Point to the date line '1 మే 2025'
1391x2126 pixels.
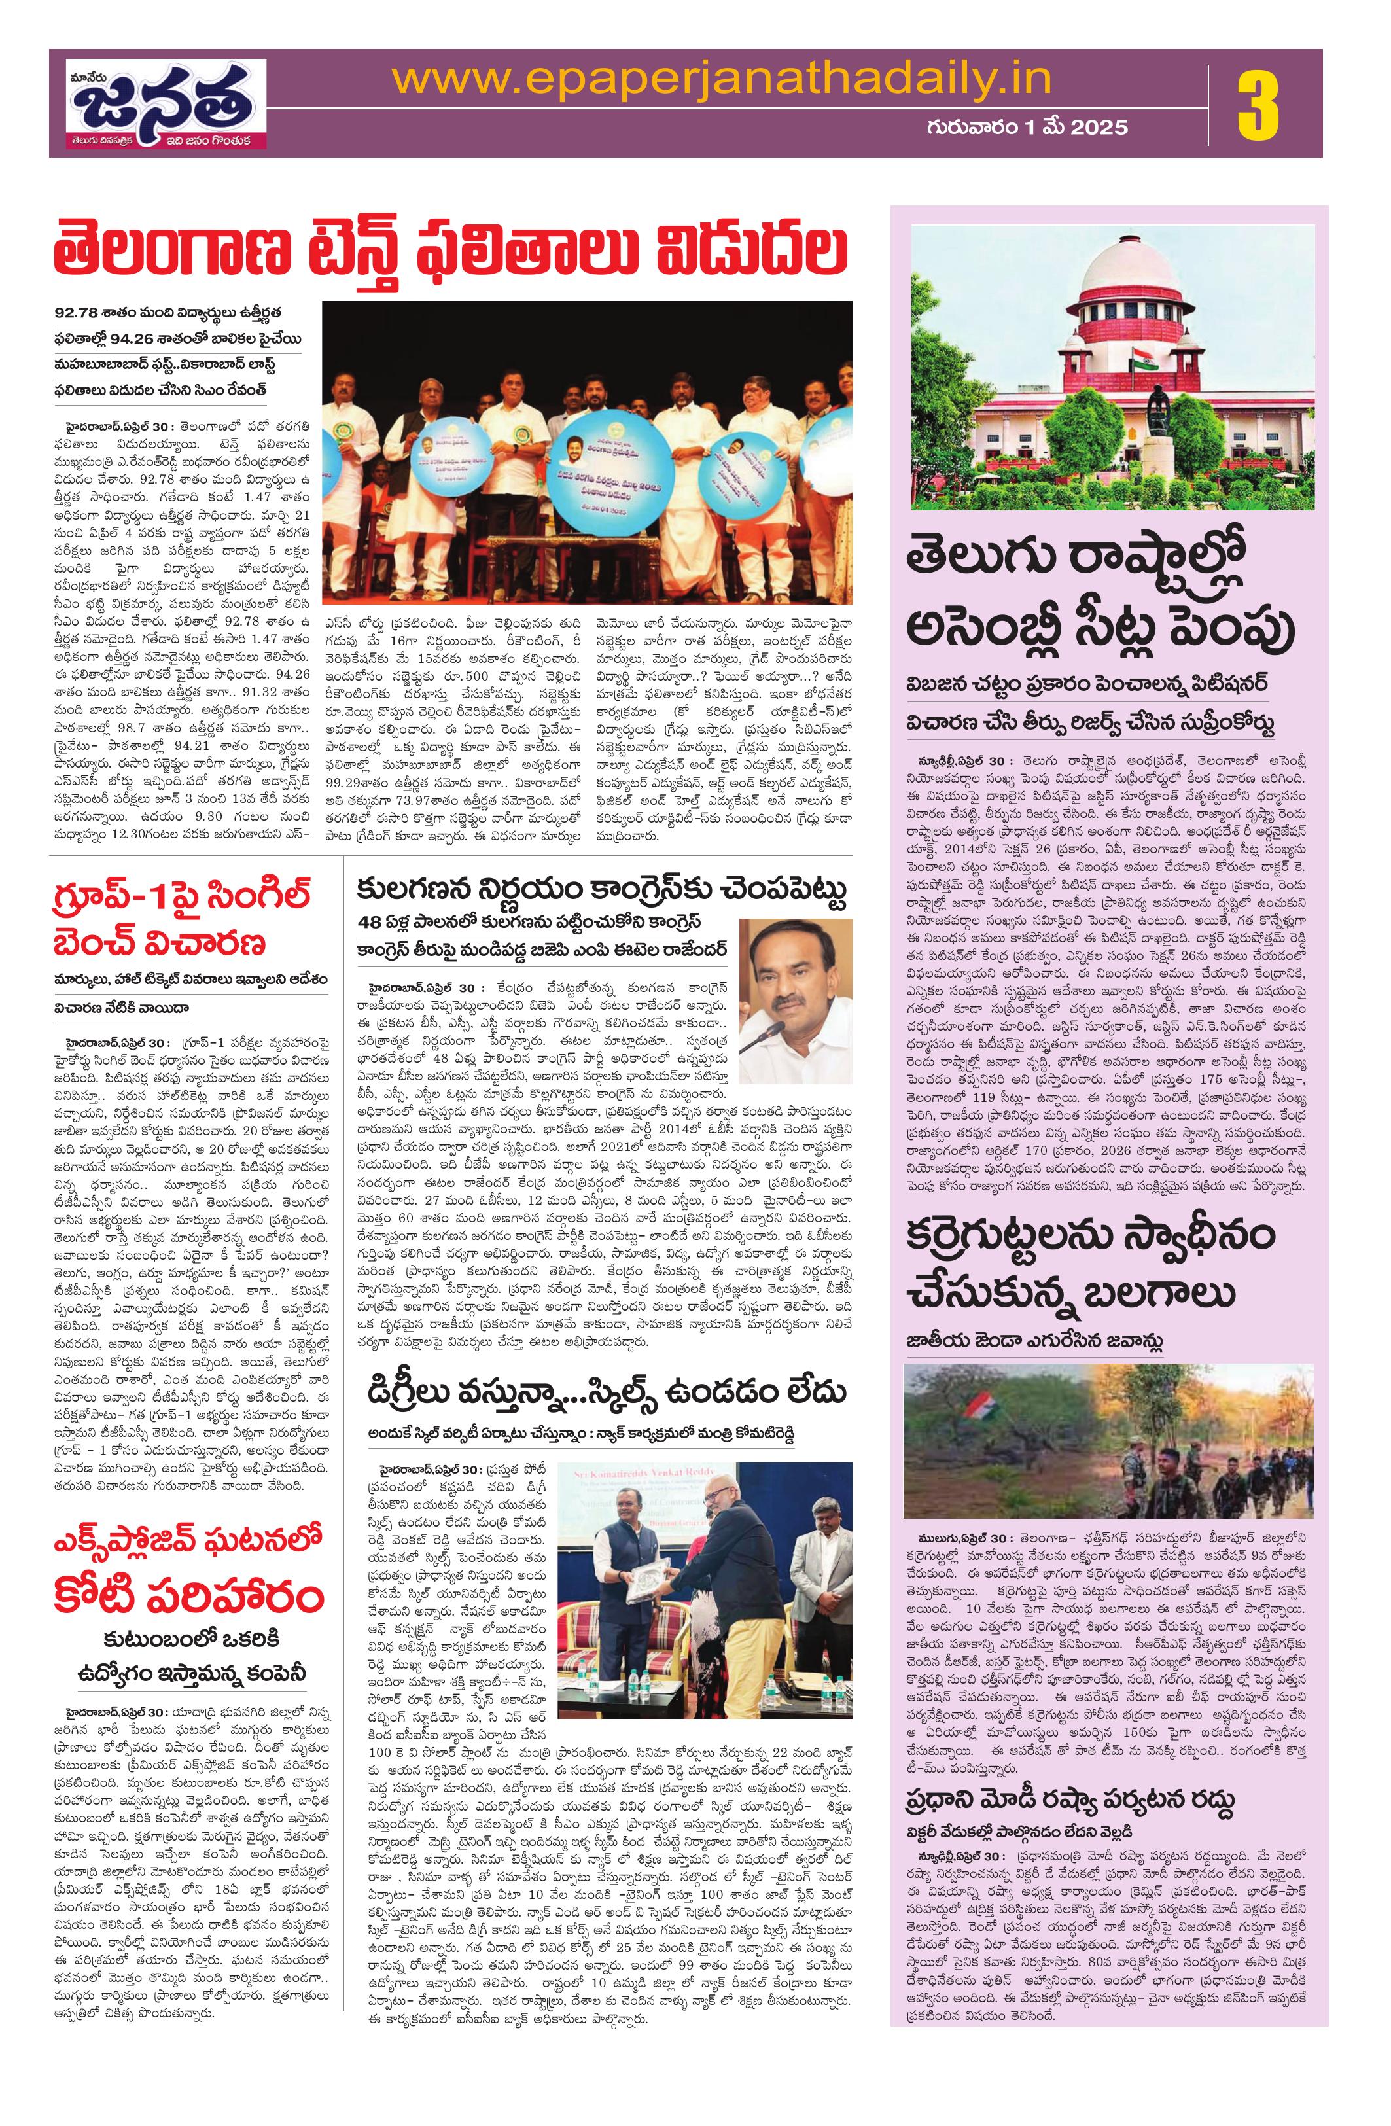point(1068,128)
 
